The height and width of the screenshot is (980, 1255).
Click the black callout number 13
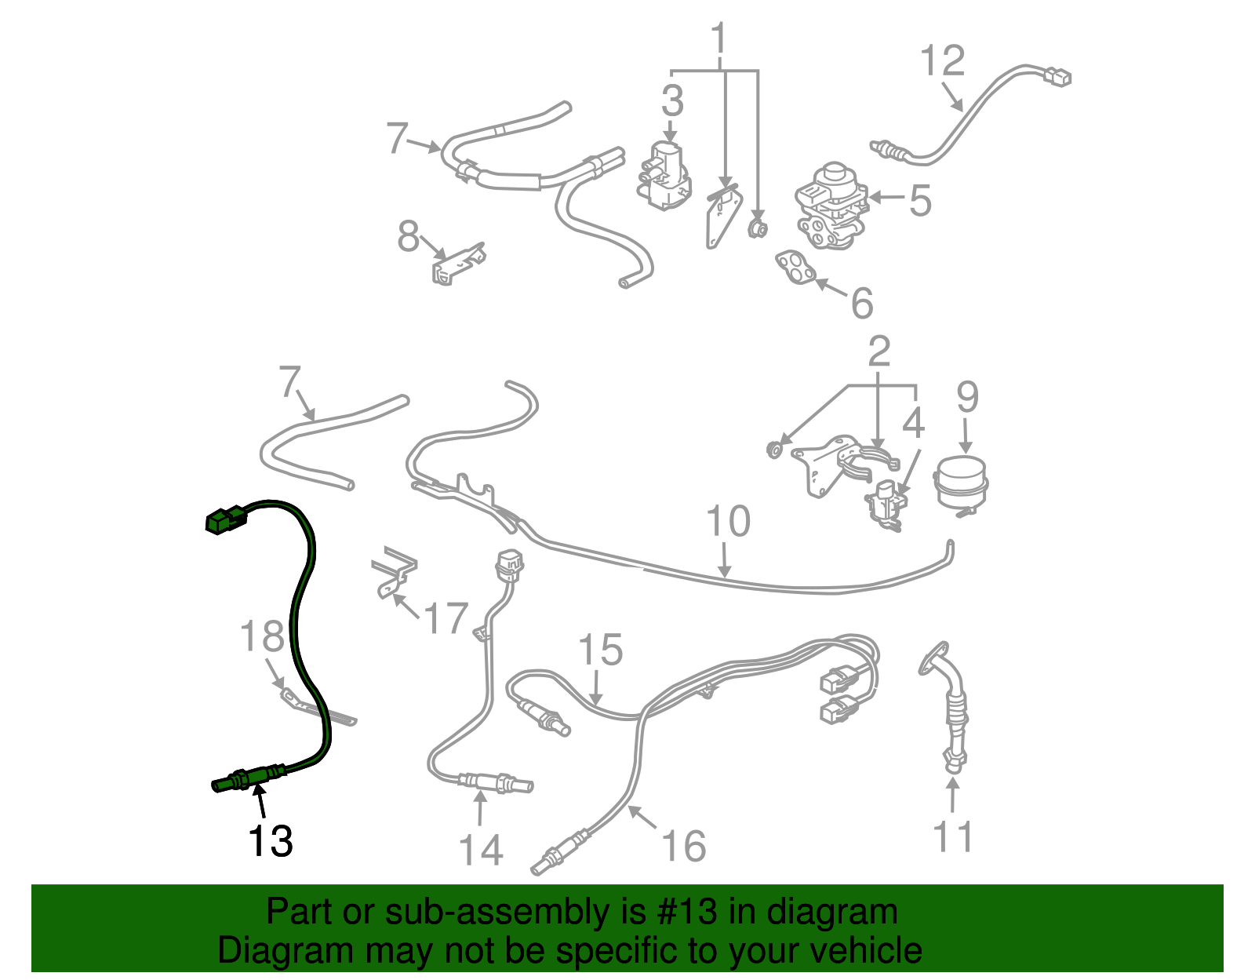(x=270, y=842)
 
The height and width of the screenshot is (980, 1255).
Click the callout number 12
(x=941, y=61)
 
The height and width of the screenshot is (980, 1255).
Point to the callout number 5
(x=920, y=201)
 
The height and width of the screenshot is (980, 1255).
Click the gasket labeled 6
(x=795, y=268)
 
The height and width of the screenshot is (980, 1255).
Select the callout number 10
(x=728, y=522)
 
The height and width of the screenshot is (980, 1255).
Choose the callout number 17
(x=446, y=619)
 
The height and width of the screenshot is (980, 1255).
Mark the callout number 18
(x=261, y=636)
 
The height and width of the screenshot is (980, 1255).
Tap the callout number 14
(x=480, y=851)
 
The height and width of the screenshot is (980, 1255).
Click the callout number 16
(x=683, y=847)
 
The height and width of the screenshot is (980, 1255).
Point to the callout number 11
(x=953, y=837)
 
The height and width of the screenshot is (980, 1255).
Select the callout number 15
(x=600, y=650)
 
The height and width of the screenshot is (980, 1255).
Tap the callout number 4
(x=913, y=424)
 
